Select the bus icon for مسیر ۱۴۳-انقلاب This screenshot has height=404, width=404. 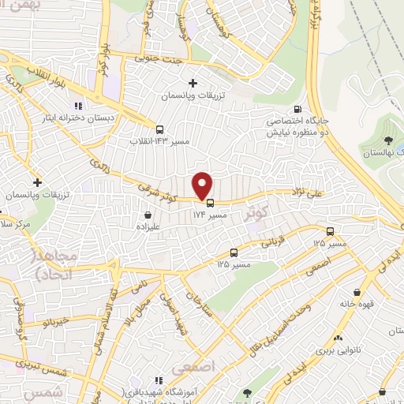pos(160,129)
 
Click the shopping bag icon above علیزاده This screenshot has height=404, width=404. pos(148,213)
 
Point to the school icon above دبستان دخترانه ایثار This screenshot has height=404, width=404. pos(77,106)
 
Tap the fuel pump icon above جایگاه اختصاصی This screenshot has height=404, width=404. pos(297,109)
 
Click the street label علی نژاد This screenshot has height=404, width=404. pos(289,192)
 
